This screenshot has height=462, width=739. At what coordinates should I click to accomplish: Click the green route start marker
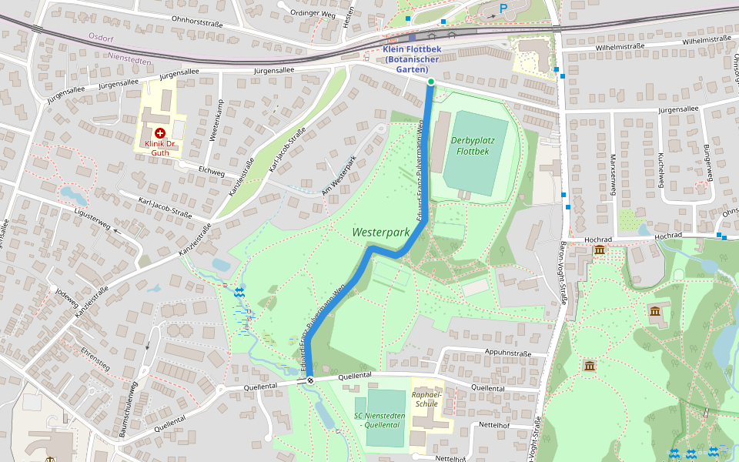point(431,82)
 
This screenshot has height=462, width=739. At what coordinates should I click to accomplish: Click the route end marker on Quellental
point(311,380)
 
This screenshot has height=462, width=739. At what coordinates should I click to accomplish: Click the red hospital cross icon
point(160,133)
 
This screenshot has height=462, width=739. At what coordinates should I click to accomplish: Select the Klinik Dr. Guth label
point(160,148)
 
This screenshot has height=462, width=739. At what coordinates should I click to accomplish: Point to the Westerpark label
point(380,232)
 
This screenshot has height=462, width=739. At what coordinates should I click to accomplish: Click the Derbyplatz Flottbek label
point(472,146)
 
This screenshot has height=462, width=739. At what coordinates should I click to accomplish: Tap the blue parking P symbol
point(503,8)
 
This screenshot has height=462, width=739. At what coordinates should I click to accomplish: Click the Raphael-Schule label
point(426,397)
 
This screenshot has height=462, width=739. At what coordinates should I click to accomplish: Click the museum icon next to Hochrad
point(599,250)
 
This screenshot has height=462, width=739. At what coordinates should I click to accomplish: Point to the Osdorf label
point(101,36)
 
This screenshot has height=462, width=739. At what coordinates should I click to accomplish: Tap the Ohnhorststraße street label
point(197,23)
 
